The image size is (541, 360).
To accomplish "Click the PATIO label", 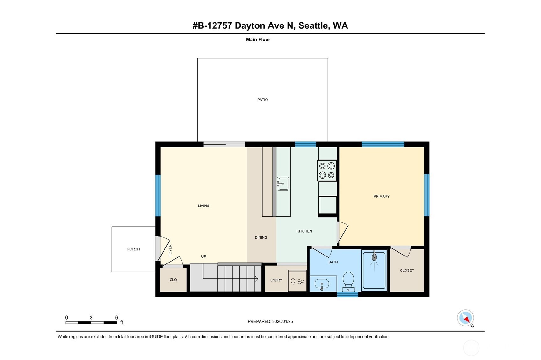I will pyautogui.click(x=262, y=100).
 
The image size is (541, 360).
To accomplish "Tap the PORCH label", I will pyautogui.click(x=133, y=249).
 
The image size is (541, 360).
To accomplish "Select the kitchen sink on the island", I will pyautogui.click(x=283, y=184).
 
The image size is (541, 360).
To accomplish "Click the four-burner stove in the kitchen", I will pyautogui.click(x=327, y=170).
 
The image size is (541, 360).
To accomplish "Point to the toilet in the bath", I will pyautogui.click(x=348, y=281).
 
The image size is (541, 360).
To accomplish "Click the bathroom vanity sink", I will pyautogui.click(x=322, y=284).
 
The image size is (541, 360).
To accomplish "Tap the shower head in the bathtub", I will pyautogui.click(x=374, y=257).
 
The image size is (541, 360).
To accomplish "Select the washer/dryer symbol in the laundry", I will pyautogui.click(x=297, y=281).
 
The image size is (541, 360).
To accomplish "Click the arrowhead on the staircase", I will pyautogui.click(x=256, y=279).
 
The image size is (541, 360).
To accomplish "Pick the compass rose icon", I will pyautogui.click(x=465, y=318).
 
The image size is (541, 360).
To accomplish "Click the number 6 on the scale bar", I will pyautogui.click(x=116, y=317).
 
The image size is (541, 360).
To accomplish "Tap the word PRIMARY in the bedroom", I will pyautogui.click(x=381, y=196).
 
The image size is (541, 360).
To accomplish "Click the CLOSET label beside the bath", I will pyautogui.click(x=407, y=270).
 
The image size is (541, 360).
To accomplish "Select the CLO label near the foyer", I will pyautogui.click(x=173, y=280).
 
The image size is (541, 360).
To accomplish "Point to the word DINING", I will pyautogui.click(x=261, y=237).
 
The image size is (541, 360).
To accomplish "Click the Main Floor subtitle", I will pyautogui.click(x=258, y=40).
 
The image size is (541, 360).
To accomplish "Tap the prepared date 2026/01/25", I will pyautogui.click(x=282, y=321).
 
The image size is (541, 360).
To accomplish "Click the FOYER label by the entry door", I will pyautogui.click(x=170, y=250).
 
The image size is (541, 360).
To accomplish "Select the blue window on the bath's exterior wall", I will pyautogui.click(x=347, y=294).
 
